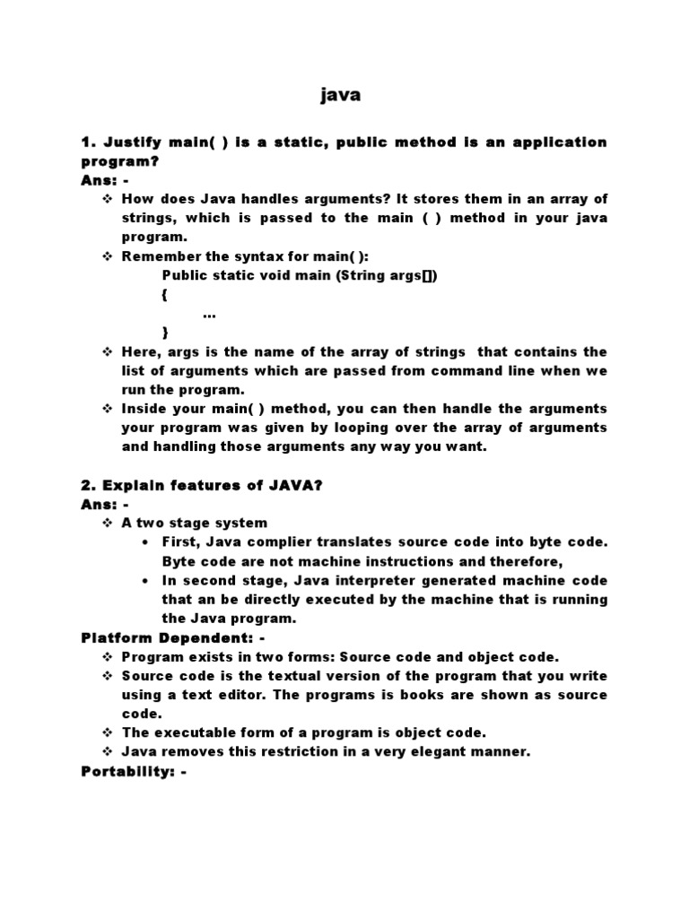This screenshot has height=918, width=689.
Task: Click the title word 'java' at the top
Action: click(x=340, y=95)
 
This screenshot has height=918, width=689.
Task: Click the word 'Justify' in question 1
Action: click(x=135, y=143)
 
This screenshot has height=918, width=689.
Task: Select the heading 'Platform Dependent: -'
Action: click(x=173, y=637)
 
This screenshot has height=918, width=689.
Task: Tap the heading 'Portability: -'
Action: click(x=134, y=770)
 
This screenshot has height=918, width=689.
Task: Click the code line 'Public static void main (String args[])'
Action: click(x=300, y=275)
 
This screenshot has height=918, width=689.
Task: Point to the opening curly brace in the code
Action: click(x=165, y=294)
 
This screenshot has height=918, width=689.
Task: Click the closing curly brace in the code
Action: click(x=165, y=332)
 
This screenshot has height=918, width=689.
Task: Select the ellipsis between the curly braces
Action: click(x=209, y=314)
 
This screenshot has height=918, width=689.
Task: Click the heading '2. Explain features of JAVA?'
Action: click(x=202, y=485)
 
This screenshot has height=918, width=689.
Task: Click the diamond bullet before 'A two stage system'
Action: click(x=108, y=523)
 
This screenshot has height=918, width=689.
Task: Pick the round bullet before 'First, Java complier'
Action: click(x=146, y=542)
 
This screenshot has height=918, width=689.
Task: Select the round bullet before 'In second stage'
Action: click(x=146, y=581)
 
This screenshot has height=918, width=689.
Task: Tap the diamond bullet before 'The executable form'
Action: click(x=108, y=732)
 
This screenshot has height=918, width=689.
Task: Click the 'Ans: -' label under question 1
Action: click(x=106, y=179)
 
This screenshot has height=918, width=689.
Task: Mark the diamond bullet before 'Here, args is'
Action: click(x=108, y=351)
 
